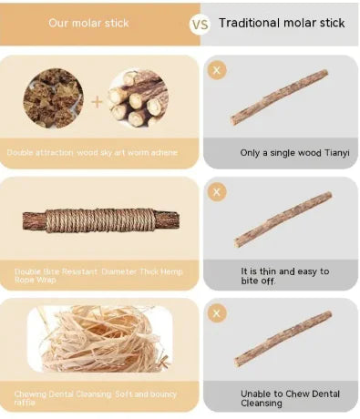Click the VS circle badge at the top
[199, 24]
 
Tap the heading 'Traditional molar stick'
[282, 23]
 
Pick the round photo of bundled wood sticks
[138, 97]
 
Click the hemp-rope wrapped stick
[98, 220]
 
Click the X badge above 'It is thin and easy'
[217, 192]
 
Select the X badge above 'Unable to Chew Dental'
[217, 313]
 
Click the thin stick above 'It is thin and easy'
[282, 220]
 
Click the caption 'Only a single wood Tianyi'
[280, 154]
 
